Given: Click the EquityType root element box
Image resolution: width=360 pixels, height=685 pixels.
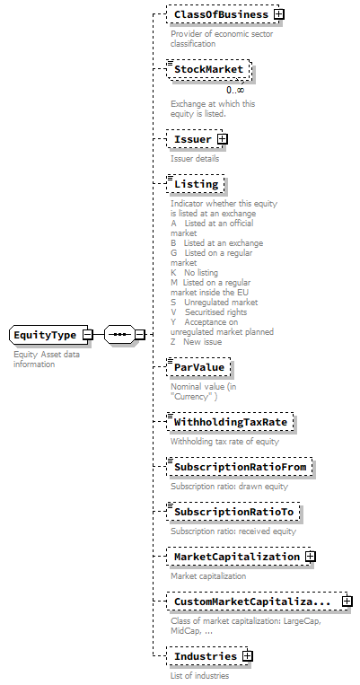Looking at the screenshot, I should coord(45,335).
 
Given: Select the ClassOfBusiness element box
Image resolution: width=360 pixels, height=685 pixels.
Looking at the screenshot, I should coord(221,14).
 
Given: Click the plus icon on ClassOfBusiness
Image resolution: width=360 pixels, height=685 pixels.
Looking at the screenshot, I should coord(279,14).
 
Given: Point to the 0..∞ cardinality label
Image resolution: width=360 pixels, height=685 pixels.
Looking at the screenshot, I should coord(235,90).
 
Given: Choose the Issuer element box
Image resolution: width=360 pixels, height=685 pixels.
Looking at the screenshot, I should coord(192,139).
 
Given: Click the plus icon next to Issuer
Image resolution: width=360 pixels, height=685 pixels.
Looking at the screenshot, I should coord(222,139).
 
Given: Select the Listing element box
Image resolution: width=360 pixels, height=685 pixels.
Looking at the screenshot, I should coord(196,184).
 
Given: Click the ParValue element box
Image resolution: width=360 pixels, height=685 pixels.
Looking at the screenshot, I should coord(199,367).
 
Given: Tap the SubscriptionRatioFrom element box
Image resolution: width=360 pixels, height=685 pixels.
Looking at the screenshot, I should coord(240,467).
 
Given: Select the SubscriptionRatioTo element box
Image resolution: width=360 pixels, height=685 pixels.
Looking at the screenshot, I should coord(233,512).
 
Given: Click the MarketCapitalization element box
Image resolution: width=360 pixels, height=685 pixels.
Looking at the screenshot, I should coord(236,557).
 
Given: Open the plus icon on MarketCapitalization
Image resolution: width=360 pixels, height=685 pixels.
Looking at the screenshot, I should coord(310,557).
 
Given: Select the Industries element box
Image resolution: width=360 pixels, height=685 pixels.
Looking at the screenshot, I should coord(205,656).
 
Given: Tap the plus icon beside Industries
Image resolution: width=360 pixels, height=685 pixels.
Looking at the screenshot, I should coord(247,656).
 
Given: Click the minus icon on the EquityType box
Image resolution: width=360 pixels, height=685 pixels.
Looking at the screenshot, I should coord(87,335).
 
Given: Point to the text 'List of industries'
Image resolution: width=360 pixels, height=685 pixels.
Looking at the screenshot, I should coord(199,675).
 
